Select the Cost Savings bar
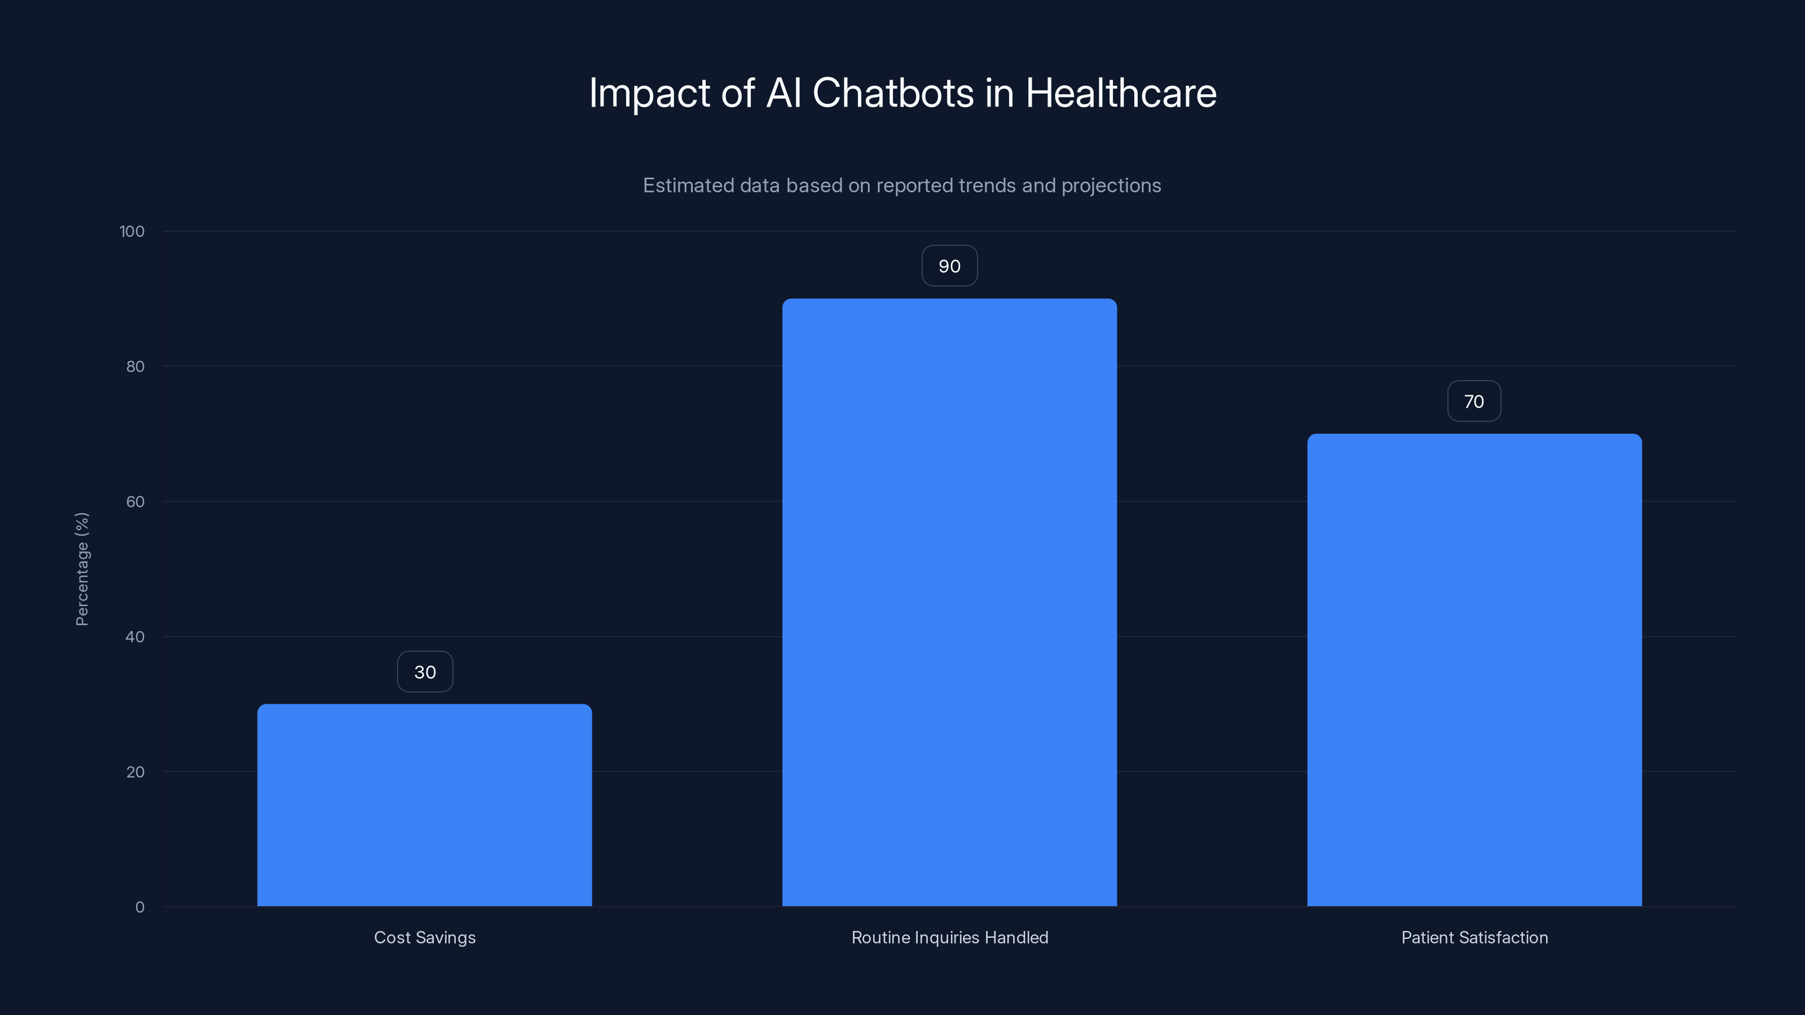[424, 806]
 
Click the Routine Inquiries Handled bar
[949, 602]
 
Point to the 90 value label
[949, 266]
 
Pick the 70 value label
[1473, 401]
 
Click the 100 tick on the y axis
[132, 232]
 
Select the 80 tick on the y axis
[135, 367]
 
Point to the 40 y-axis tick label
[135, 637]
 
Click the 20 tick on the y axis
[135, 773]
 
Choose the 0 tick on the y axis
[139, 908]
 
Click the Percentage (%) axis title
[82, 569]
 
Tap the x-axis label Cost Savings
[425, 938]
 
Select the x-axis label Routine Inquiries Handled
[949, 938]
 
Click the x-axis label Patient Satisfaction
[1474, 938]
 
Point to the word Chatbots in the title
[893, 93]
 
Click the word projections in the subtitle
[1111, 186]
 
